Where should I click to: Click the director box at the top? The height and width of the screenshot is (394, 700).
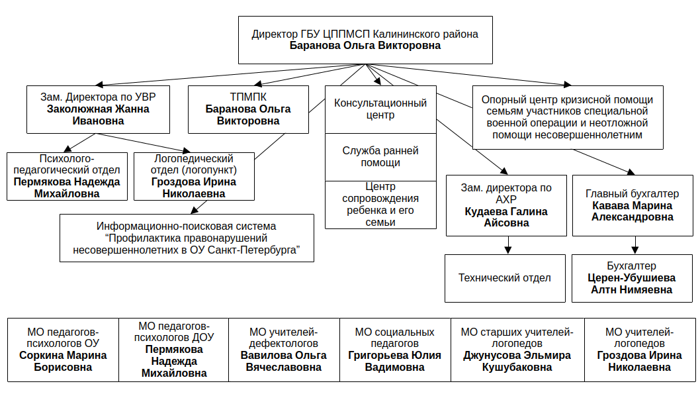pyautogui.click(x=365, y=40)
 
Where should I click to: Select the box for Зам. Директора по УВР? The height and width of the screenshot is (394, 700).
pyautogui.click(x=98, y=109)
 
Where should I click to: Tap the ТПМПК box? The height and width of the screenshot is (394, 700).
pyautogui.click(x=248, y=109)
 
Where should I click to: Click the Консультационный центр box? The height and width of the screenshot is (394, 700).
pyautogui.click(x=380, y=109)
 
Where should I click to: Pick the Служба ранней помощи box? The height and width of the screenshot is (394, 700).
pyautogui.click(x=380, y=157)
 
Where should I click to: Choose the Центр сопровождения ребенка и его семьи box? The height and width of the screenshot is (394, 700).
pyautogui.click(x=380, y=205)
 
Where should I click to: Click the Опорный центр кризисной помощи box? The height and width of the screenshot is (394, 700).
pyautogui.click(x=568, y=117)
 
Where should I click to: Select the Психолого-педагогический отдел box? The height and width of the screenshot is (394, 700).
pyautogui.click(x=67, y=176)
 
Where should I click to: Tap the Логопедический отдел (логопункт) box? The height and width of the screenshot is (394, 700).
pyautogui.click(x=194, y=176)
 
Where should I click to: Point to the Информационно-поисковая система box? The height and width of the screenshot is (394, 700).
pyautogui.click(x=187, y=238)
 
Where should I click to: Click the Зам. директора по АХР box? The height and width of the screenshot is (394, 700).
pyautogui.click(x=506, y=205)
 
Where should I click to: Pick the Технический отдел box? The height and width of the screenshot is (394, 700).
pyautogui.click(x=505, y=278)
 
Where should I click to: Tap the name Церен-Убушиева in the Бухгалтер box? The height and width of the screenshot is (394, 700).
pyautogui.click(x=631, y=278)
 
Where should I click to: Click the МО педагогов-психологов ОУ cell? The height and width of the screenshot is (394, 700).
pyautogui.click(x=63, y=350)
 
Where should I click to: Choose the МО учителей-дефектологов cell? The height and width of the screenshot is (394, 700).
pyautogui.click(x=284, y=350)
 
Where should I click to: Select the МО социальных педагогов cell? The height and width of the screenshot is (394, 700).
pyautogui.click(x=395, y=350)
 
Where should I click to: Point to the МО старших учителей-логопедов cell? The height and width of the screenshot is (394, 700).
pyautogui.click(x=517, y=350)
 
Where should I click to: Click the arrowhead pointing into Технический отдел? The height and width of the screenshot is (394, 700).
pyautogui.click(x=507, y=250)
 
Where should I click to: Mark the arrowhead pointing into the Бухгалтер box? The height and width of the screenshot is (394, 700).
pyautogui.click(x=634, y=250)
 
